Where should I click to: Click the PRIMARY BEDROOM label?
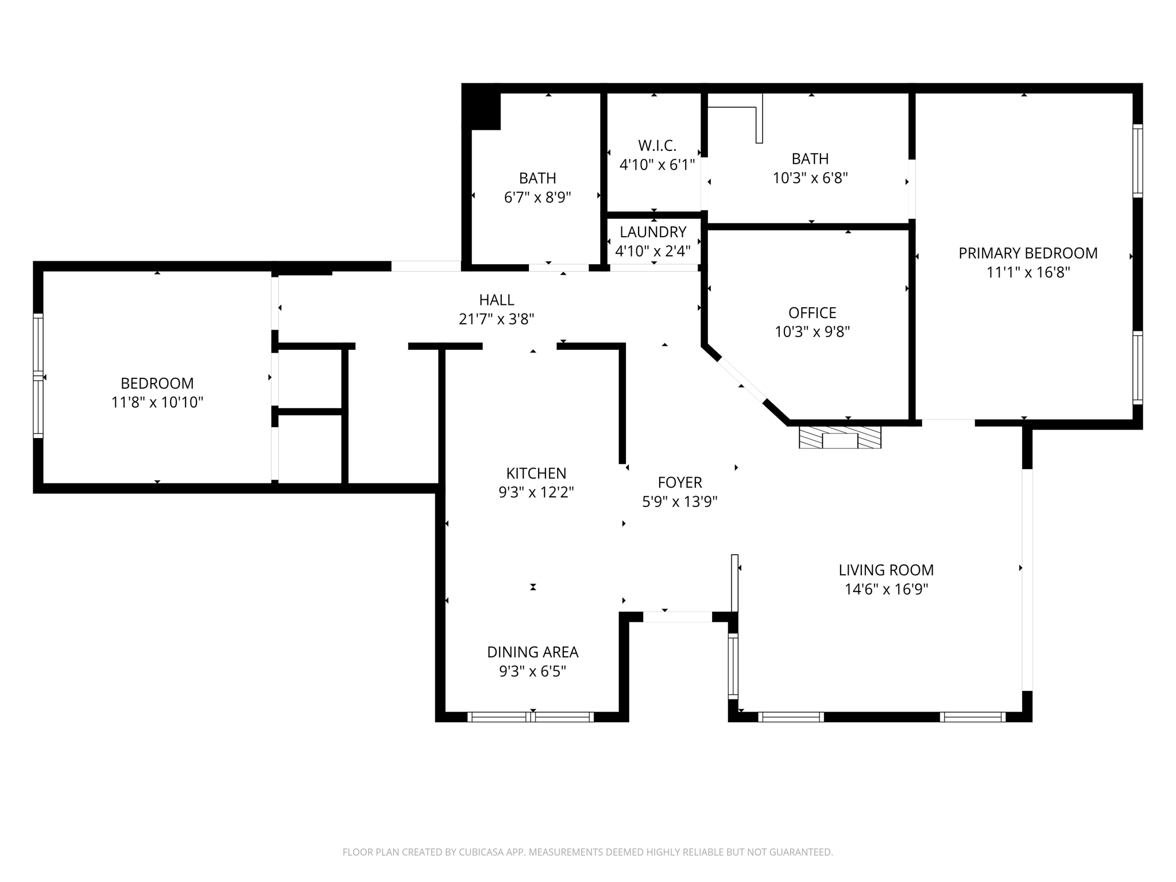(x=1027, y=253)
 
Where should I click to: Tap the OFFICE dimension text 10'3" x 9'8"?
(x=812, y=332)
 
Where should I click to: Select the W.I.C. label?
(x=657, y=146)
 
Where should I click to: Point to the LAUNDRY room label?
(x=653, y=232)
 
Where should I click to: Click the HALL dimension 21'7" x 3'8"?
(x=496, y=319)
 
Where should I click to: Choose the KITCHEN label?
(x=536, y=473)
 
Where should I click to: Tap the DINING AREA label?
(x=532, y=652)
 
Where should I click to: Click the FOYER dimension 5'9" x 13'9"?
(x=679, y=502)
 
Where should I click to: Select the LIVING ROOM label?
(x=885, y=570)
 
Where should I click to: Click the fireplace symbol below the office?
(x=840, y=438)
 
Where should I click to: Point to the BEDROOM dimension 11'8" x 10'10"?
(x=157, y=403)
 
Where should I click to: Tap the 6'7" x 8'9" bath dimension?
(x=537, y=198)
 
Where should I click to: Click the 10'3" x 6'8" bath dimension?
(x=810, y=178)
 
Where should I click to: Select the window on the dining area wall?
(x=530, y=717)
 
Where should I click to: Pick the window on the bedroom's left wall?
(x=38, y=376)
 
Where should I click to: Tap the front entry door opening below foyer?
(x=677, y=617)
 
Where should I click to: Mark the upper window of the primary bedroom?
(x=1137, y=161)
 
